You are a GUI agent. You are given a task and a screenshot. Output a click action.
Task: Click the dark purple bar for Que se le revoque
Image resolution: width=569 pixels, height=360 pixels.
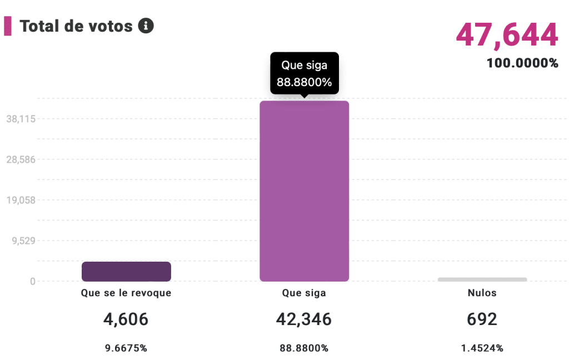point(126,272)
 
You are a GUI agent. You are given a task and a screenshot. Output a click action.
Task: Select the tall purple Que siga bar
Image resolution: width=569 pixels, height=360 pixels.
point(304,191)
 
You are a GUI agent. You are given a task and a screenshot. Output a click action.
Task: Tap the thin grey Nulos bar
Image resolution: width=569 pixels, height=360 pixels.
point(482,279)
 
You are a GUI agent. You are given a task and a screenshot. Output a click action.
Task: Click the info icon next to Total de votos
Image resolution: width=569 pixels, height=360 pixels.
point(146,26)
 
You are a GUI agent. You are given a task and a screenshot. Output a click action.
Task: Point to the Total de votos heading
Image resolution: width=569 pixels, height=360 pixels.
point(76,26)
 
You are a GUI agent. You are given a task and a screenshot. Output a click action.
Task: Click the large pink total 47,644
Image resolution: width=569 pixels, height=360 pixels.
point(507,35)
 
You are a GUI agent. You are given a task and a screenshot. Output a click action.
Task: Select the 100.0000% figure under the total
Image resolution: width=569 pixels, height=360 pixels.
point(522,63)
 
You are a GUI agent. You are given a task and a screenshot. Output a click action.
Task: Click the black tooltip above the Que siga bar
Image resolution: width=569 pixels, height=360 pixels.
point(304,74)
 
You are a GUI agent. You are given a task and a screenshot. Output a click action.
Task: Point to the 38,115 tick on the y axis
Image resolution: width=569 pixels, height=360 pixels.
point(21,119)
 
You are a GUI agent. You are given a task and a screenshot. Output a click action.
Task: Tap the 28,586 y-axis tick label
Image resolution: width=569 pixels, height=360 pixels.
point(21,159)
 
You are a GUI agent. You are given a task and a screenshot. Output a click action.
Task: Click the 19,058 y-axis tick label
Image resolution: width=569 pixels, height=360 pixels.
point(21,200)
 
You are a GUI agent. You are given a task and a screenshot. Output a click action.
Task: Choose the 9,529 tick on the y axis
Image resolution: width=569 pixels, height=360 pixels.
point(23,241)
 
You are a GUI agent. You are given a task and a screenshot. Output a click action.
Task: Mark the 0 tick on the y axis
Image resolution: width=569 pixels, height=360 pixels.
point(32,282)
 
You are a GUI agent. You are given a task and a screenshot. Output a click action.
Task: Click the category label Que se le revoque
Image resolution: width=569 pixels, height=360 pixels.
point(126,293)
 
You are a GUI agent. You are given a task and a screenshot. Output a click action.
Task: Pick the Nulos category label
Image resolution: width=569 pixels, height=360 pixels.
point(482,293)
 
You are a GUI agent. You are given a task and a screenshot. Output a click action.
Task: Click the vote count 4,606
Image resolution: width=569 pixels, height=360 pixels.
point(126,319)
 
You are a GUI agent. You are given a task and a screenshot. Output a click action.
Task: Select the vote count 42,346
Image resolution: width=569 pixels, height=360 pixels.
point(304,319)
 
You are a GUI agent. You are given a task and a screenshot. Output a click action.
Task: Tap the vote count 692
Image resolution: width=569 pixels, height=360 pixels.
point(482,319)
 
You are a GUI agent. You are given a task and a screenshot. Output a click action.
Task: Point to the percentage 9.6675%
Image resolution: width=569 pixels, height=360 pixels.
point(126,348)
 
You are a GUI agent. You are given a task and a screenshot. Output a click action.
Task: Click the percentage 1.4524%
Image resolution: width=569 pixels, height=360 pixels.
point(482,348)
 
